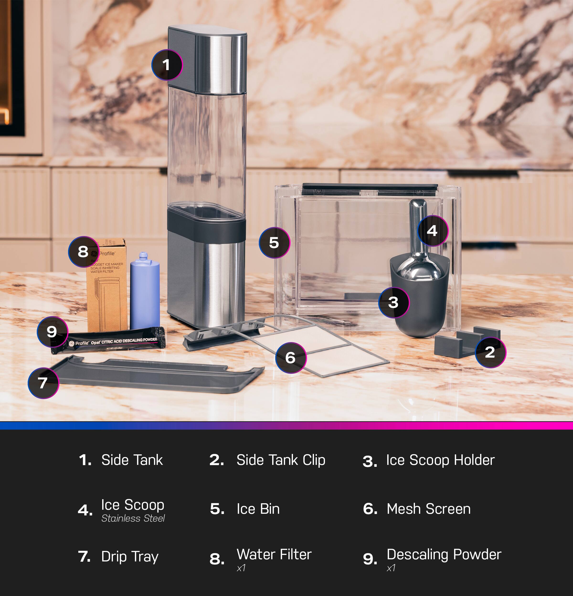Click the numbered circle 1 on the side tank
point(167,65)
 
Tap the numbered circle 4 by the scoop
point(432,231)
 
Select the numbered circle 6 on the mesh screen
point(291,358)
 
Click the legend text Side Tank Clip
point(281,460)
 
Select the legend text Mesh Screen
point(428,509)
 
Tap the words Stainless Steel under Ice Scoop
point(133,519)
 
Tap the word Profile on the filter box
point(107,253)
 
